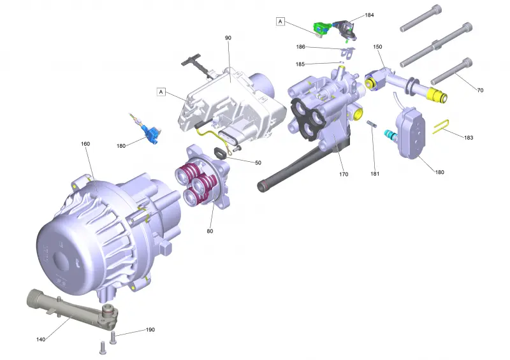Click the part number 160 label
coord(85,144)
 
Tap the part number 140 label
coord(41,340)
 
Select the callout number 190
coord(150,330)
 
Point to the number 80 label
coord(210,231)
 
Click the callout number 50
coord(258,162)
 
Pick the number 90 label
coord(228,38)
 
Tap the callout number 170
coord(344,175)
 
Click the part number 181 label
coord(375,174)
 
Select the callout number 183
coord(469,138)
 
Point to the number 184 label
coord(369,15)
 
